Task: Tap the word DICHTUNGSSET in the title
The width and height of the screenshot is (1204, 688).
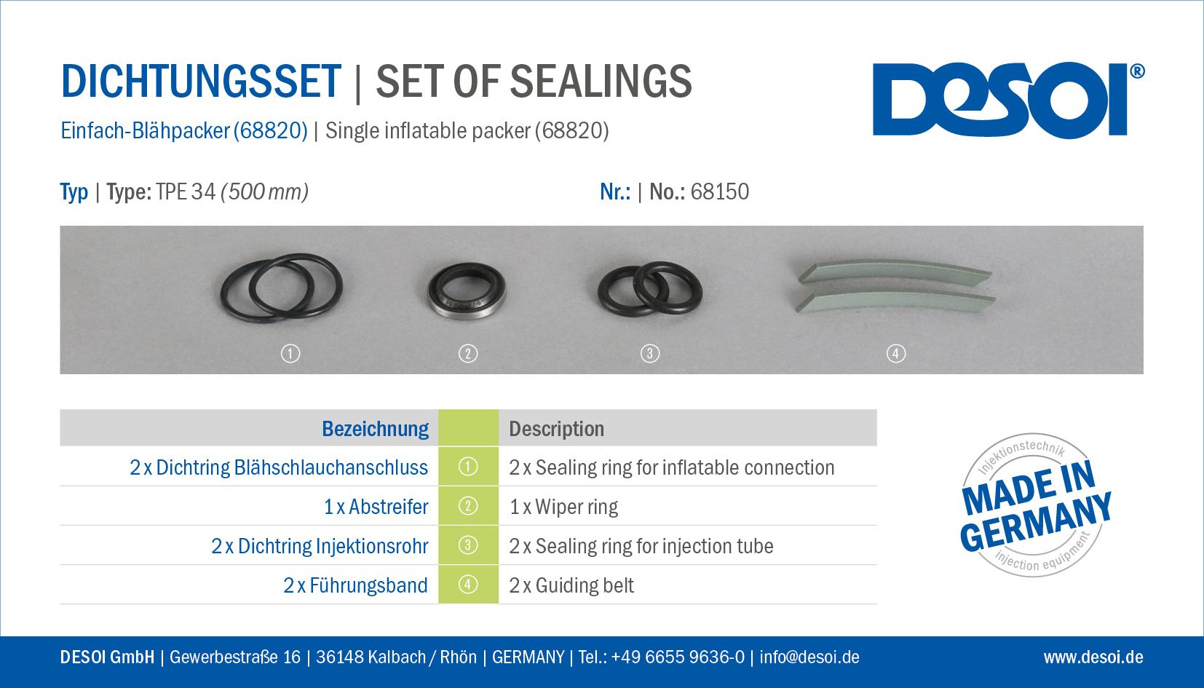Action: pos(201,82)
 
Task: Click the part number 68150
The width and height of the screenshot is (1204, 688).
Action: pos(719,192)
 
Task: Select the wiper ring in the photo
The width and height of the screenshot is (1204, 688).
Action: pos(467,290)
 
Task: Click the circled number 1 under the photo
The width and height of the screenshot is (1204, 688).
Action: pos(290,354)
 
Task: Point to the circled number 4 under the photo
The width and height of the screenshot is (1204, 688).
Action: pos(895,354)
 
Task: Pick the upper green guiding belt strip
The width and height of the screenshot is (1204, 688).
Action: pos(895,272)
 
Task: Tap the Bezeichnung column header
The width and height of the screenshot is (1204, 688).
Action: pos(375,429)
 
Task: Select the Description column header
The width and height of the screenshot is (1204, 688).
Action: pos(556,429)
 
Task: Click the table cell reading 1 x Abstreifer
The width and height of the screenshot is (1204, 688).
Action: pos(376,506)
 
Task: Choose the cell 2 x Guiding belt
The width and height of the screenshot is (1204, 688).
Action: pos(571,585)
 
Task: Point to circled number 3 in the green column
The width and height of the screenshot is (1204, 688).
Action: pos(467,545)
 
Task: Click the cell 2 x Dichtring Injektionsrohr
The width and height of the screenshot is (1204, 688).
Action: pos(320,546)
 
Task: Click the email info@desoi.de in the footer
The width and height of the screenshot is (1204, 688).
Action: pos(809,657)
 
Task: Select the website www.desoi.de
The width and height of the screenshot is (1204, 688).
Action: pos(1093,657)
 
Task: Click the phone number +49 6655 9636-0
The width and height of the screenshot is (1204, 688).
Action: pos(678,657)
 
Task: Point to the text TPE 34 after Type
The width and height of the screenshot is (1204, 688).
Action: pos(186,192)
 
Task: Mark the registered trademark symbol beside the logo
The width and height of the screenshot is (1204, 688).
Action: pos(1137,71)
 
